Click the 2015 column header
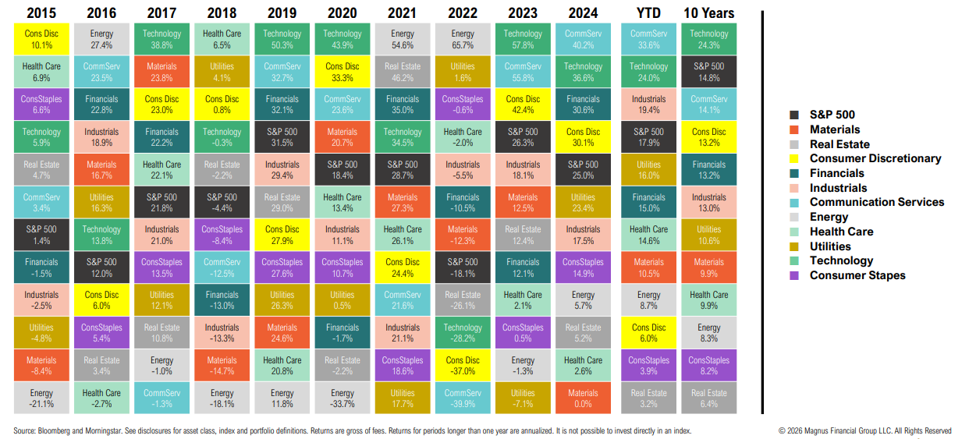(x=41, y=13)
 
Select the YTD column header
(x=648, y=13)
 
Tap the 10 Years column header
(x=708, y=13)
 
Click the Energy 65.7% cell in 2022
(x=463, y=40)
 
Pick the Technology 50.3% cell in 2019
(x=282, y=40)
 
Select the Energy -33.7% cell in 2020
(x=343, y=398)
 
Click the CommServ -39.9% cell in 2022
(x=463, y=398)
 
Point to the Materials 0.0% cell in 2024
(x=583, y=398)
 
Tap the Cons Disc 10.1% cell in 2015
(x=41, y=40)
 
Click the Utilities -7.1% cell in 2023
(x=523, y=398)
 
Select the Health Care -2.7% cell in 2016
(x=101, y=398)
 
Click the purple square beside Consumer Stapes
(x=795, y=275)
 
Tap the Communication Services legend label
(x=876, y=202)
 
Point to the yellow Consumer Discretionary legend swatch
(x=795, y=159)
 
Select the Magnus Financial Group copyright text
(x=864, y=430)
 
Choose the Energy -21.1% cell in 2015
(x=41, y=398)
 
